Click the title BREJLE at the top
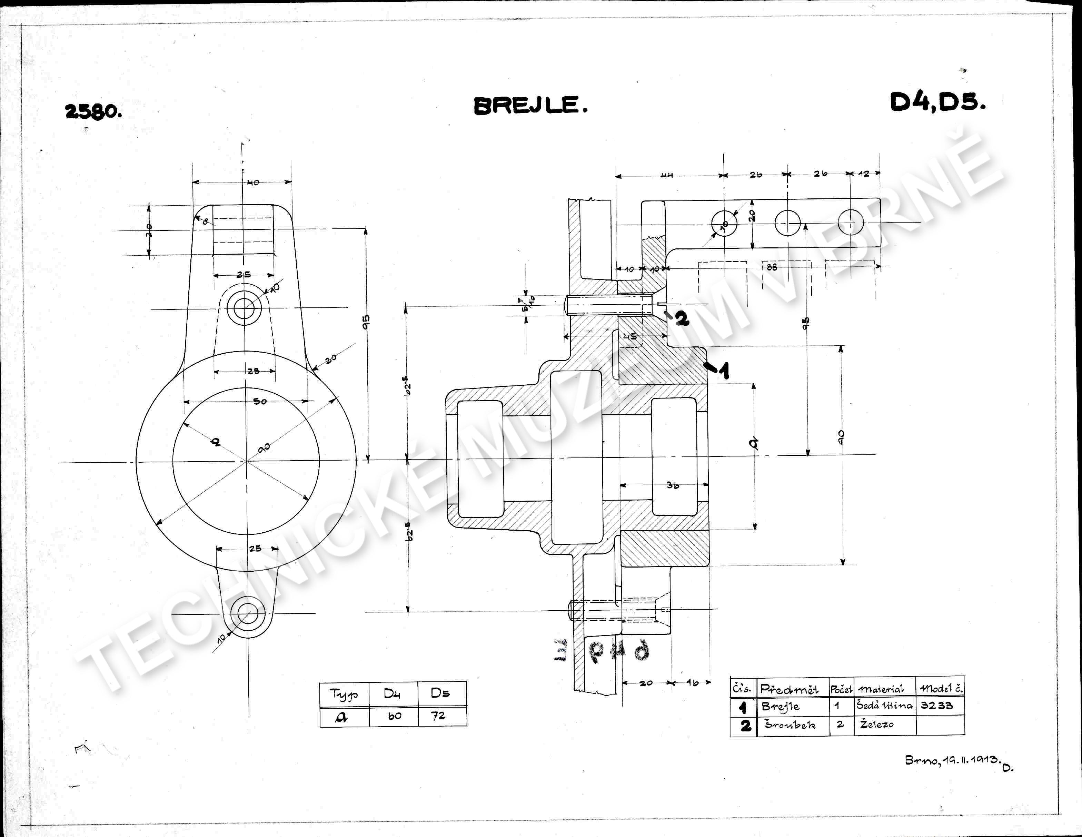(x=530, y=105)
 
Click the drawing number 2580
(x=93, y=111)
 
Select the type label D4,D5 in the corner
(x=937, y=102)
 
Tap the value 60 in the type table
(x=394, y=716)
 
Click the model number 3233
(x=936, y=705)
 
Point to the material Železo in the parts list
(x=876, y=725)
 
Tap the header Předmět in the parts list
(x=789, y=689)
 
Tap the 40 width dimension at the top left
(x=253, y=183)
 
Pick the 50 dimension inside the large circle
(x=260, y=401)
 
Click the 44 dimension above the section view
(x=667, y=175)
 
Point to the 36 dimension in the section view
(x=672, y=485)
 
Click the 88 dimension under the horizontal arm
(x=772, y=267)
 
